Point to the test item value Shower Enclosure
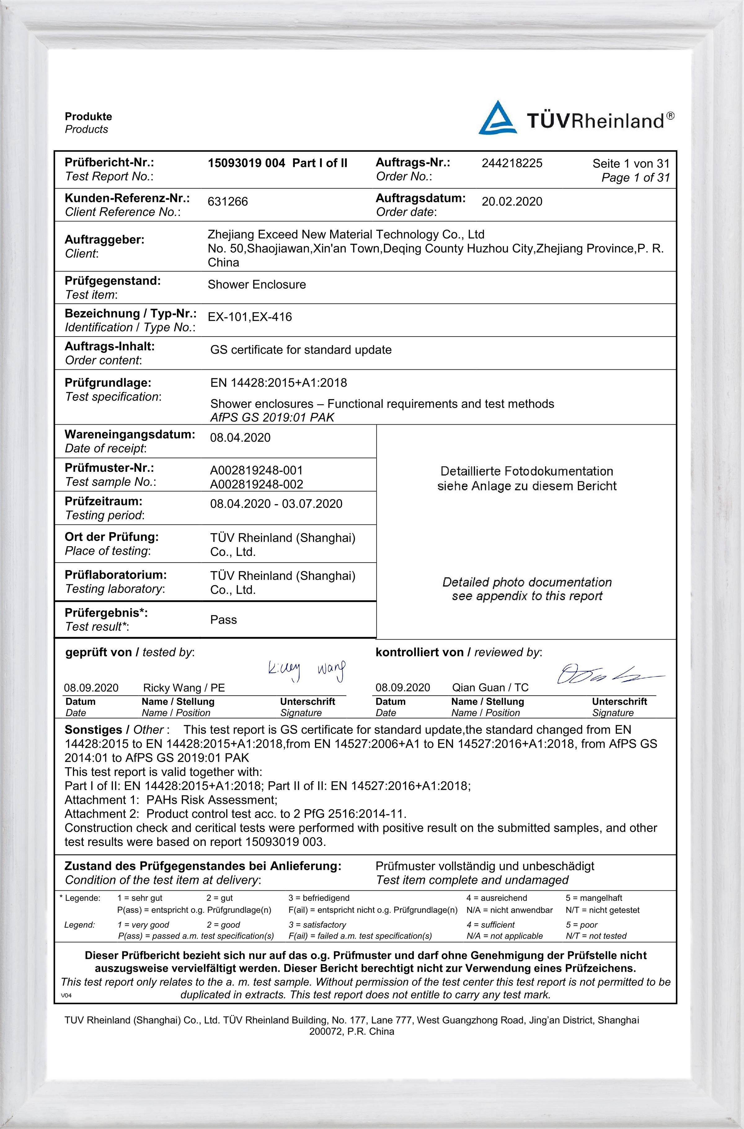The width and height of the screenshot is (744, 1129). point(257,284)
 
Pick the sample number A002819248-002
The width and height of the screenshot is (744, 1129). point(256,484)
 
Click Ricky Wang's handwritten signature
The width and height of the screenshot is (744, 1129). point(306,671)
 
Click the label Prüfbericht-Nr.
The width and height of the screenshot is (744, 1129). point(109,162)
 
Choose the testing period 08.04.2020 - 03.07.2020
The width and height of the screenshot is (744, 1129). point(276,504)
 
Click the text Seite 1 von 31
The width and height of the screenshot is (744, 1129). point(631,164)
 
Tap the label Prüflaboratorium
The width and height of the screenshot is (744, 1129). point(115,575)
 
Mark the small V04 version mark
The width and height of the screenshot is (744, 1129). point(66,995)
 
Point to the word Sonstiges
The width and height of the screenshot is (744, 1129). point(93,730)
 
